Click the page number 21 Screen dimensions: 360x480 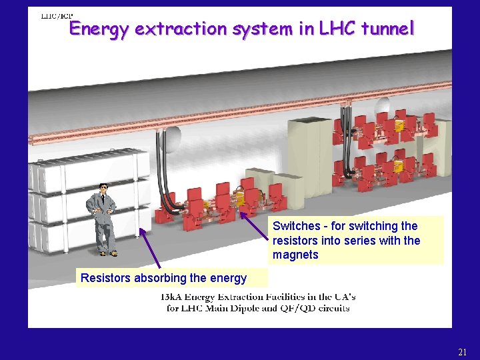463,352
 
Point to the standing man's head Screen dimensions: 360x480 103,189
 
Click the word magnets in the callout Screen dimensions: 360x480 295,255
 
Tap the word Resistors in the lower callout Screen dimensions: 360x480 106,278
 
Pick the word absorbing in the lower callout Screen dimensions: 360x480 161,278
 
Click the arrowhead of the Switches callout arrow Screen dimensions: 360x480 243,213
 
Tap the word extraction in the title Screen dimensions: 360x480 179,29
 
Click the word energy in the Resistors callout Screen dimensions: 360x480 229,278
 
